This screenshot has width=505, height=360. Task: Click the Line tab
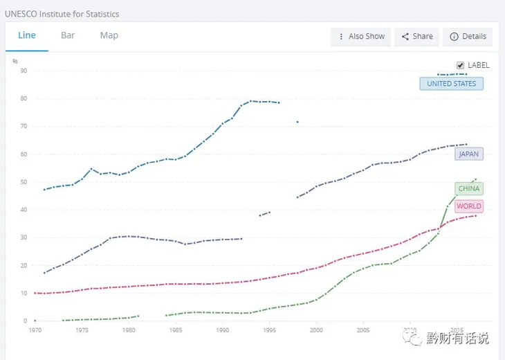(x=27, y=36)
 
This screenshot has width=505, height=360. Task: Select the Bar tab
(x=68, y=36)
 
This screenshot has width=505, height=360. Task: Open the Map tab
(x=109, y=36)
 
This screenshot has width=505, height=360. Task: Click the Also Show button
(x=361, y=37)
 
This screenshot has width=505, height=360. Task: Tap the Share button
(x=417, y=37)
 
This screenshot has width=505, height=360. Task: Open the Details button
(x=468, y=37)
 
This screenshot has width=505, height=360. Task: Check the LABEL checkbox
(x=460, y=65)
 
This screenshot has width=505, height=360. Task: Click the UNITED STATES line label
(x=451, y=84)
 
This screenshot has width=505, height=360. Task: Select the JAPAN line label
(x=468, y=154)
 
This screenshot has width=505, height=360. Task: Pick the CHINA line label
(x=468, y=188)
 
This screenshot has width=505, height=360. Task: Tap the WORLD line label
(x=468, y=206)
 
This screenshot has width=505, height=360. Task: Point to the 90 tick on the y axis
(x=23, y=71)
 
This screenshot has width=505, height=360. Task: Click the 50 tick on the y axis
(x=23, y=182)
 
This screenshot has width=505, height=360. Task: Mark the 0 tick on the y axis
(x=24, y=321)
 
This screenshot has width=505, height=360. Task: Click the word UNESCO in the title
(x=23, y=14)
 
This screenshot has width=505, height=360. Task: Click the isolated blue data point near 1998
(x=297, y=122)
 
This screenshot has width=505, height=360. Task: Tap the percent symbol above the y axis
(x=15, y=62)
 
